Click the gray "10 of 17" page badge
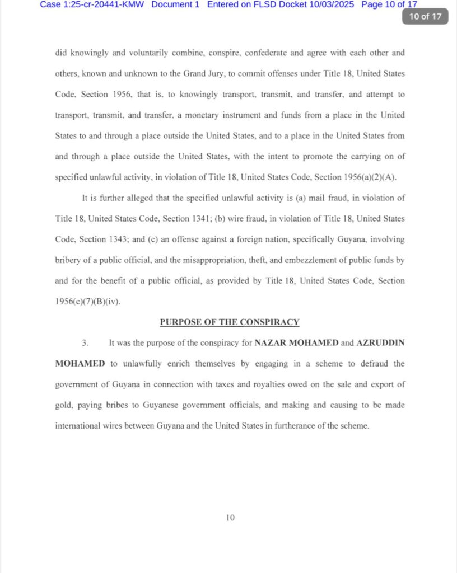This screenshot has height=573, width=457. [x=425, y=16]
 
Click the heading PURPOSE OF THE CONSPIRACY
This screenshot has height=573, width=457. [x=230, y=322]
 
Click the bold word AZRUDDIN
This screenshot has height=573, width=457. [x=380, y=342]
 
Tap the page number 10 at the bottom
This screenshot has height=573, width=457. [x=230, y=518]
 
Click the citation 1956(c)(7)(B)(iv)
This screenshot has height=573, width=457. [x=88, y=302]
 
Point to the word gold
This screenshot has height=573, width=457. [x=64, y=405]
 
